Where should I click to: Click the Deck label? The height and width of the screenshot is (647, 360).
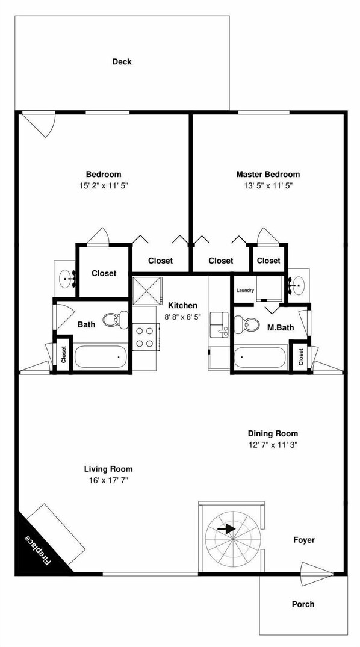[x=122, y=61]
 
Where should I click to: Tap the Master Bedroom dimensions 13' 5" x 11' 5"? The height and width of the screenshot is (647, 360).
[x=267, y=186]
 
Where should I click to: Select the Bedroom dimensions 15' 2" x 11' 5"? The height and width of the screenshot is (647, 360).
[x=104, y=186]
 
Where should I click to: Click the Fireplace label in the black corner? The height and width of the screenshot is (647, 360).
[x=38, y=549]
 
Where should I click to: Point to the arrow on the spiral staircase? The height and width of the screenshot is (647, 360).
[x=227, y=529]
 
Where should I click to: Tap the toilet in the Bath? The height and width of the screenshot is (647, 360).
[x=114, y=320]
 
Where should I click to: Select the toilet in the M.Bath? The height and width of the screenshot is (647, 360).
[x=244, y=325]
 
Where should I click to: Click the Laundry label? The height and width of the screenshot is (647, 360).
[x=245, y=291]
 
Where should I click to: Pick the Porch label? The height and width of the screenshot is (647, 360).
[x=303, y=604]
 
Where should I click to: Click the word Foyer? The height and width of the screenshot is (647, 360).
[x=303, y=540]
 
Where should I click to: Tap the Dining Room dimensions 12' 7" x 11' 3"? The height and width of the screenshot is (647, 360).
[x=273, y=445]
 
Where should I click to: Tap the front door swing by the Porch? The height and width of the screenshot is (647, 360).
[x=315, y=569]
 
